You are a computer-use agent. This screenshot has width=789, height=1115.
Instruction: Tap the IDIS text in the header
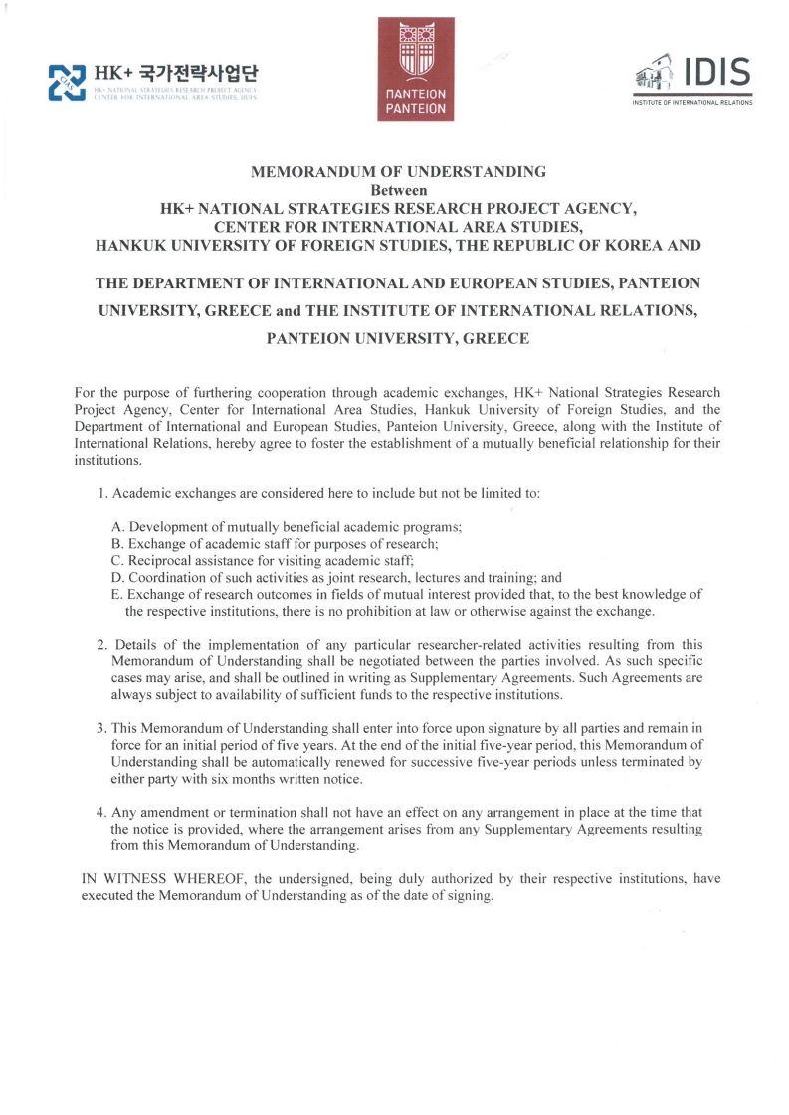[x=714, y=72]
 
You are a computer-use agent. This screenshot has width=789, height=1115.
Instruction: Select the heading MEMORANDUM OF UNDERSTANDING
[x=398, y=171]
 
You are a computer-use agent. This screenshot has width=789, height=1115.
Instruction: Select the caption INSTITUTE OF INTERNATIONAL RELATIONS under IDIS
[x=691, y=102]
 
